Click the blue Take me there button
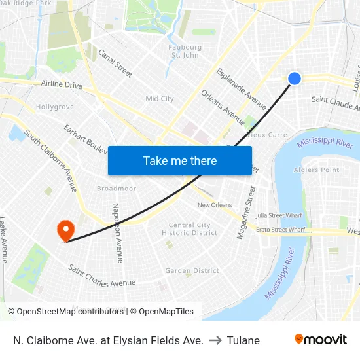point(180,160)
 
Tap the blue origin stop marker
point(295,79)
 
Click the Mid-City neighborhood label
point(160,99)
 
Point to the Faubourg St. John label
point(185,51)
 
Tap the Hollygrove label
point(54,107)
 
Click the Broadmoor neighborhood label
point(116,189)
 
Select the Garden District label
point(192,270)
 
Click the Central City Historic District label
point(190,229)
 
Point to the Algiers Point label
point(317,170)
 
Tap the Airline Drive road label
point(62,85)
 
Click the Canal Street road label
point(115,63)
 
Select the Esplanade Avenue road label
point(241,88)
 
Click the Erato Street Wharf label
point(281,230)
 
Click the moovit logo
point(321,340)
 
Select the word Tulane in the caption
point(243,340)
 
